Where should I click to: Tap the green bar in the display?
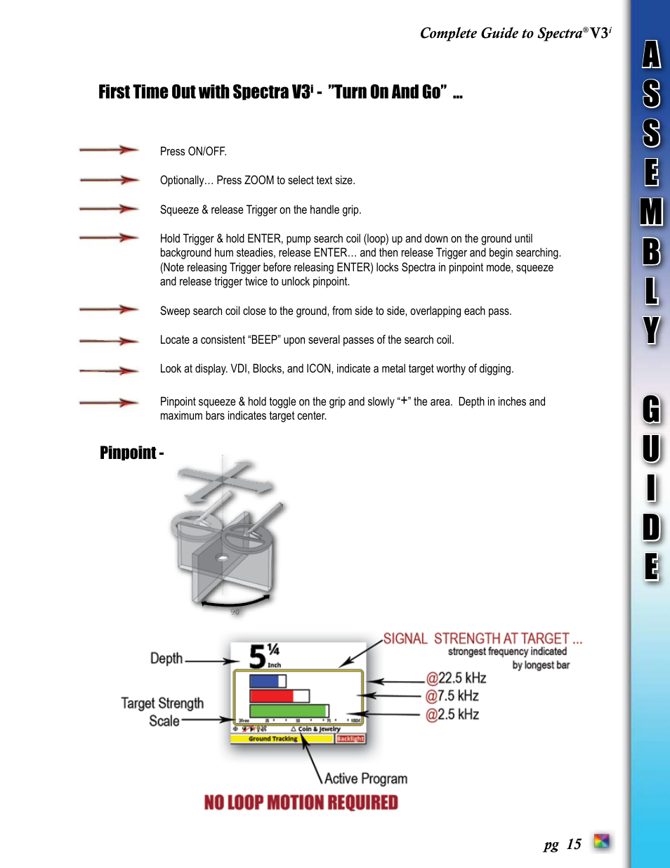pyautogui.click(x=288, y=711)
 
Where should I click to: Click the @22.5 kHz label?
pyautogui.click(x=456, y=678)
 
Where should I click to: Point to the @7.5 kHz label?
pyautogui.click(x=452, y=697)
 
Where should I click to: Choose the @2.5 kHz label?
pyautogui.click(x=452, y=715)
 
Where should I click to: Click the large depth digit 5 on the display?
pyautogui.click(x=257, y=657)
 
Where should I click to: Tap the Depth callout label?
pyautogui.click(x=166, y=659)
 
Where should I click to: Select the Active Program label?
pyautogui.click(x=365, y=779)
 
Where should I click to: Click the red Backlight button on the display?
pyautogui.click(x=350, y=739)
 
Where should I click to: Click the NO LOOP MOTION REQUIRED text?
pyautogui.click(x=301, y=803)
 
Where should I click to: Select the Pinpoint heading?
pyautogui.click(x=131, y=453)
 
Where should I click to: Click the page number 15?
pyautogui.click(x=574, y=844)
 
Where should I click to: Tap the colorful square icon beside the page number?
pyautogui.click(x=601, y=841)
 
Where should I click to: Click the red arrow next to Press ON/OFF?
pyautogui.click(x=109, y=150)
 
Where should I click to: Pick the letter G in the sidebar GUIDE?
pyautogui.click(x=651, y=410)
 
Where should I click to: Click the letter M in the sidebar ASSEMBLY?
pyautogui.click(x=651, y=212)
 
